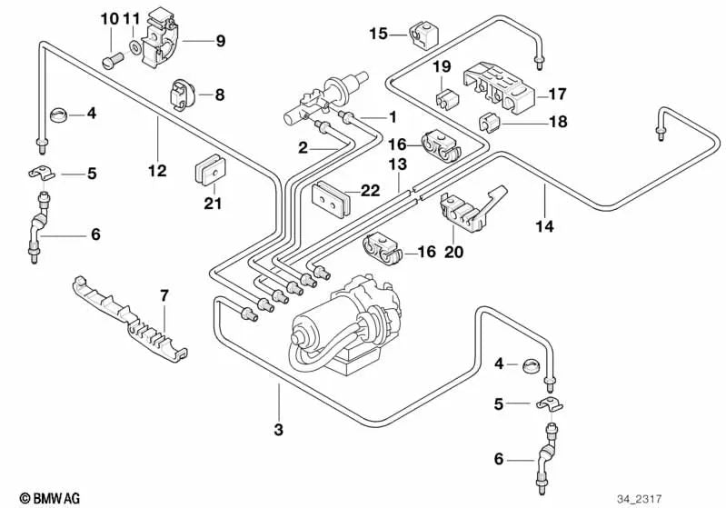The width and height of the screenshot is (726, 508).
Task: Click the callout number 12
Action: point(156,169)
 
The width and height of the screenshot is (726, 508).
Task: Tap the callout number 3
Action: point(279,428)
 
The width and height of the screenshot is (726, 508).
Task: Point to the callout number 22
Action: point(370,191)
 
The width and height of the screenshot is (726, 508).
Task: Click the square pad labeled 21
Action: point(211,169)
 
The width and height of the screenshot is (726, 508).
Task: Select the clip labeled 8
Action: point(183,94)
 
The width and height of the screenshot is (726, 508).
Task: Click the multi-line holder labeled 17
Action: point(500,88)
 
